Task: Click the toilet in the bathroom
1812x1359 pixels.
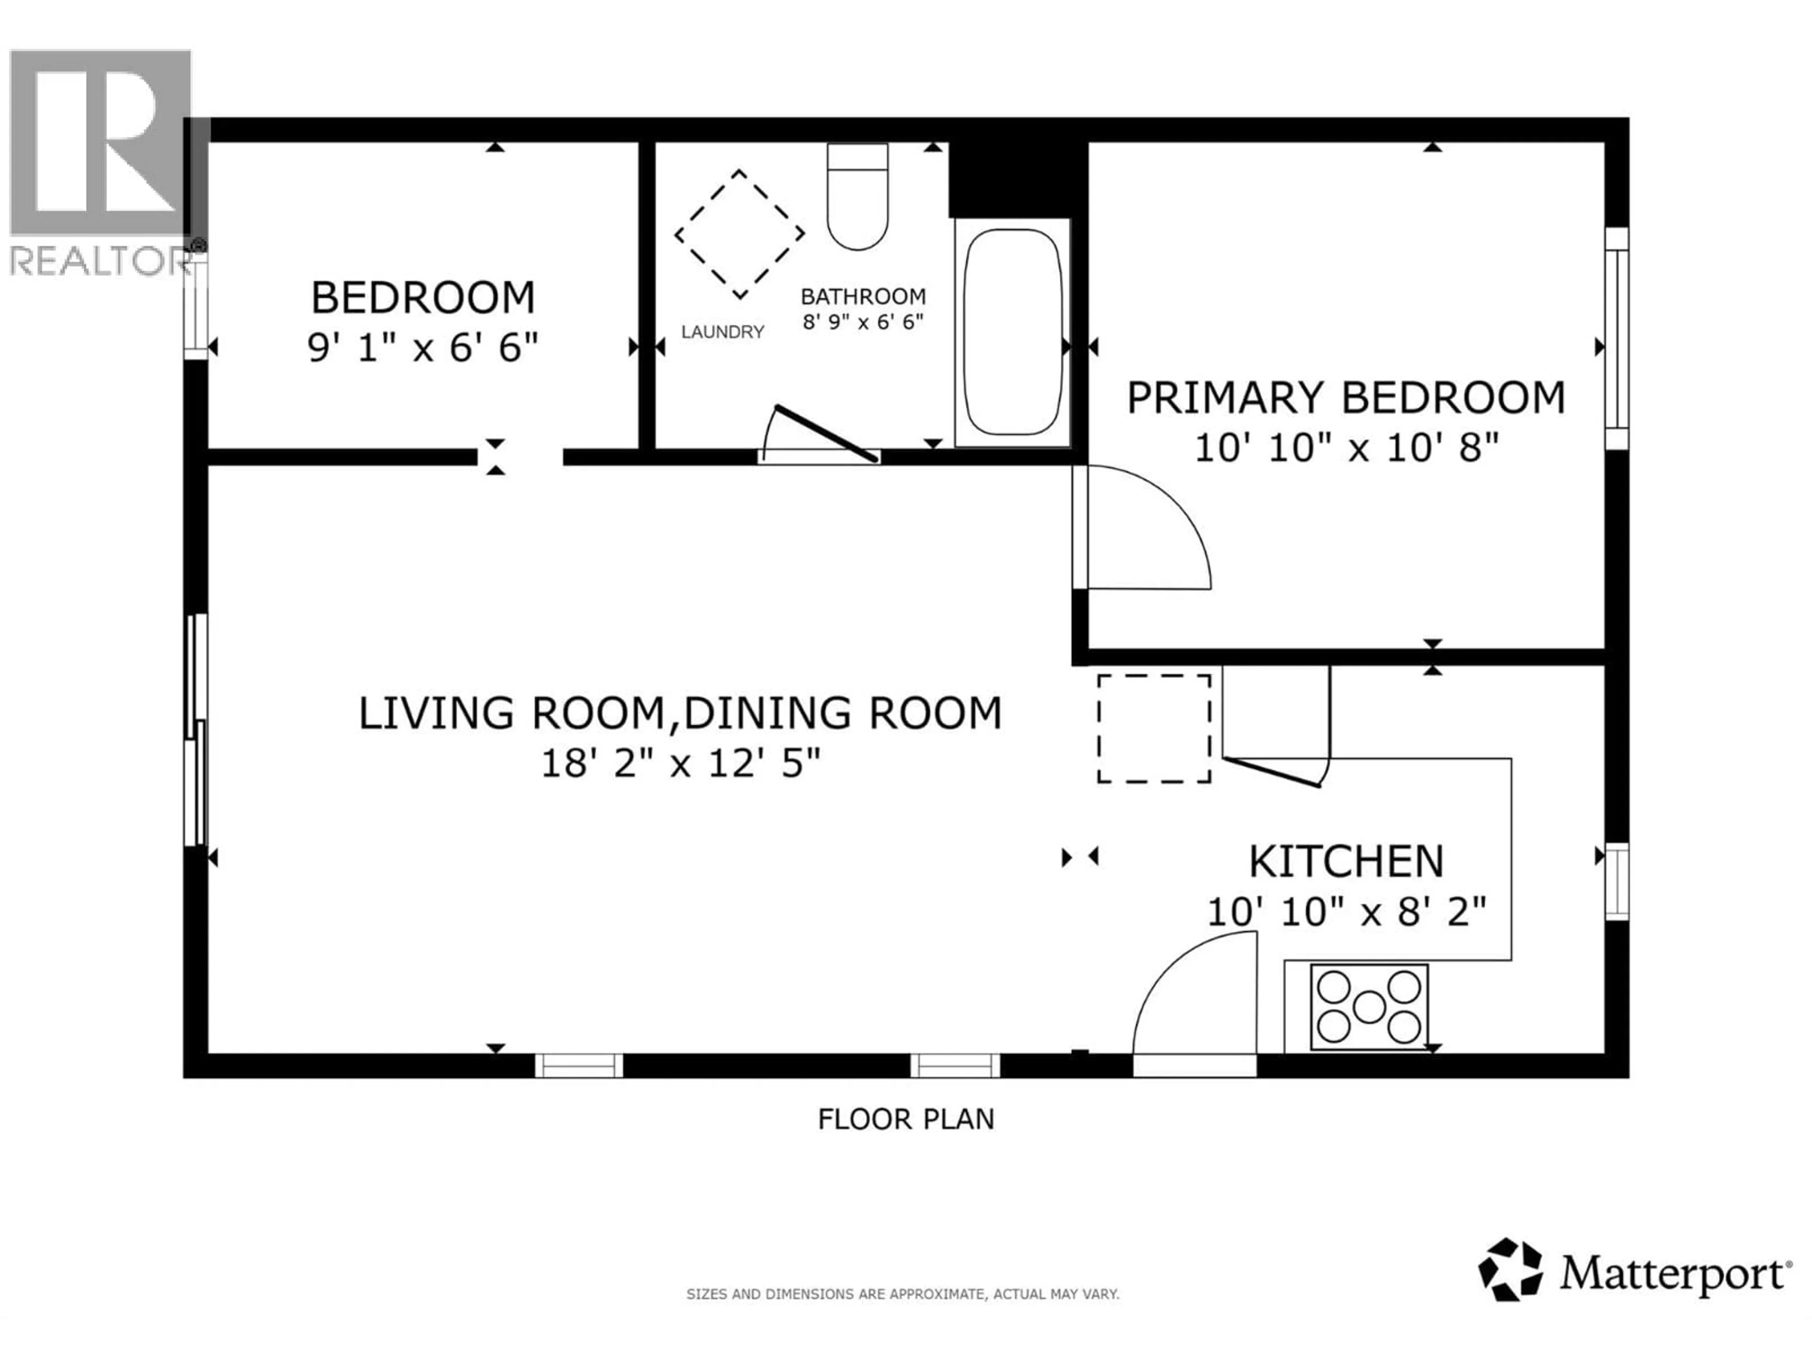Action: pos(857,197)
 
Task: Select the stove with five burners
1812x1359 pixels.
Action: pos(1369,1007)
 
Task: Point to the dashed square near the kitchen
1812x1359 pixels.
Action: pos(1153,728)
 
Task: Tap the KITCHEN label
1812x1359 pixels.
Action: pos(1346,861)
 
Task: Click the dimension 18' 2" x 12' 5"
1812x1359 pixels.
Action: pos(680,764)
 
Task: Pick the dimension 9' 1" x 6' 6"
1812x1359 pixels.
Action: pos(423,348)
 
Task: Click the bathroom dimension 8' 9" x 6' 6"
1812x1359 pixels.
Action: pos(863,322)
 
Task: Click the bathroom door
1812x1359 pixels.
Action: pos(826,434)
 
